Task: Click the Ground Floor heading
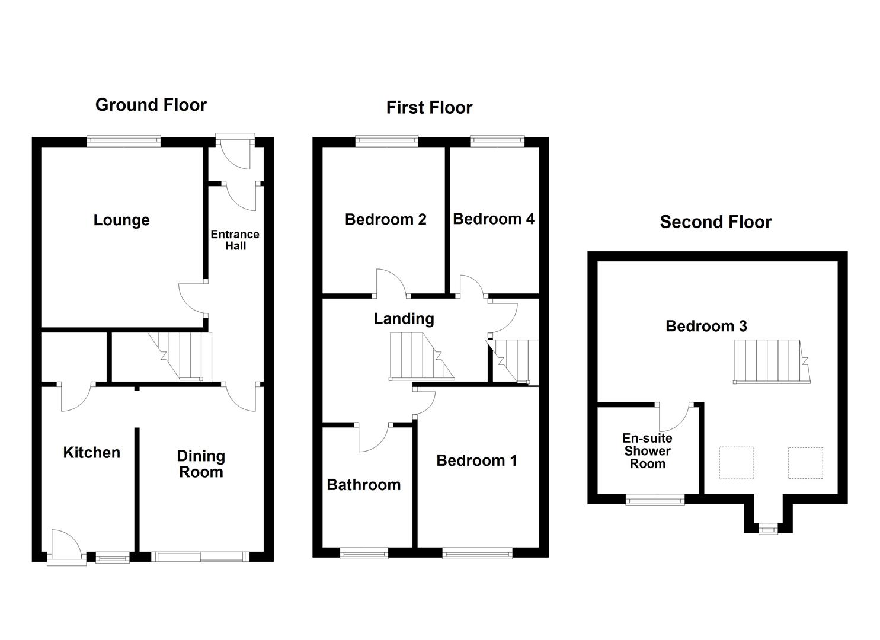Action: (151, 105)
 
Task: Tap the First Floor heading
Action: (429, 108)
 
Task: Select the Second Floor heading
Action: (715, 222)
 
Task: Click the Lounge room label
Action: (121, 220)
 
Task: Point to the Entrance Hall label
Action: (235, 240)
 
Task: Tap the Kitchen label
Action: (91, 453)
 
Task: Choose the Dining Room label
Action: (201, 464)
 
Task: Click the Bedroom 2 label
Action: (385, 220)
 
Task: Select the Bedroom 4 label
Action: (493, 219)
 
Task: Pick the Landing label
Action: (404, 319)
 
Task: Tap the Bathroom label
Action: (363, 485)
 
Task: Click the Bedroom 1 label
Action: (476, 460)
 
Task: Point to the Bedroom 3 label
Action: (706, 326)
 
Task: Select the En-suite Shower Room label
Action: (647, 451)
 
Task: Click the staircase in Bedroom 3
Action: (770, 361)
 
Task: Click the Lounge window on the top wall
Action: (123, 141)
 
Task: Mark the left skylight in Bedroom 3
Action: (736, 463)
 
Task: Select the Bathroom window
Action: (364, 553)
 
